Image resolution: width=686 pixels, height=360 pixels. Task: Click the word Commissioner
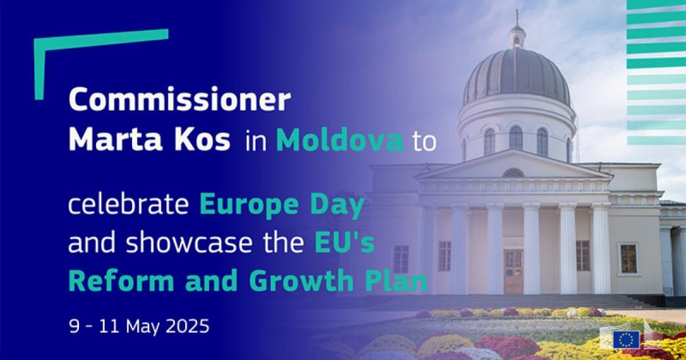pos(179,100)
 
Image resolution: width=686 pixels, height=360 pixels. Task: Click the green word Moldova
pos(340,140)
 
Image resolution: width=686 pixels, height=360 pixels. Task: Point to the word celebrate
pos(128,204)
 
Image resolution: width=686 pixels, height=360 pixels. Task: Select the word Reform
pos(121,281)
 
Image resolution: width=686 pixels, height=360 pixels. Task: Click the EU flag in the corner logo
pos(626,340)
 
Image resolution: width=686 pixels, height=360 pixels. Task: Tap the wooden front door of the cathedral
pos(513,271)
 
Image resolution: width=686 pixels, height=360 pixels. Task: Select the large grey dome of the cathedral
pos(516,77)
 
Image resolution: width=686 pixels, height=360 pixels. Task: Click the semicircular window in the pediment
pos(513,173)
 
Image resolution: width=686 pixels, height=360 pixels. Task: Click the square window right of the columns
pos(628,259)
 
